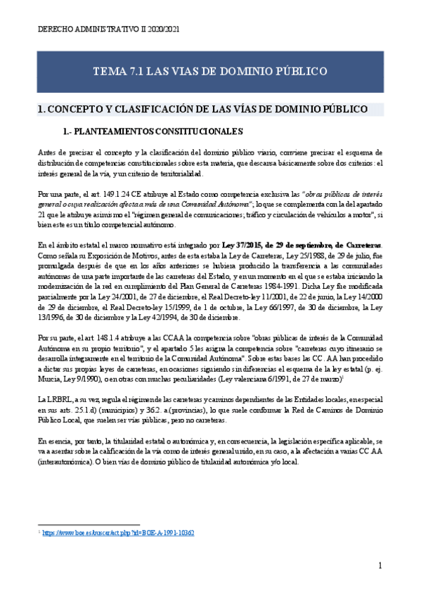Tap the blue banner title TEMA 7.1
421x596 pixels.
click(x=210, y=72)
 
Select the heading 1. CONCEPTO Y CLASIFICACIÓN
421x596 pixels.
click(x=202, y=110)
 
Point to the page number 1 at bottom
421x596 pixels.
click(x=380, y=566)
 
